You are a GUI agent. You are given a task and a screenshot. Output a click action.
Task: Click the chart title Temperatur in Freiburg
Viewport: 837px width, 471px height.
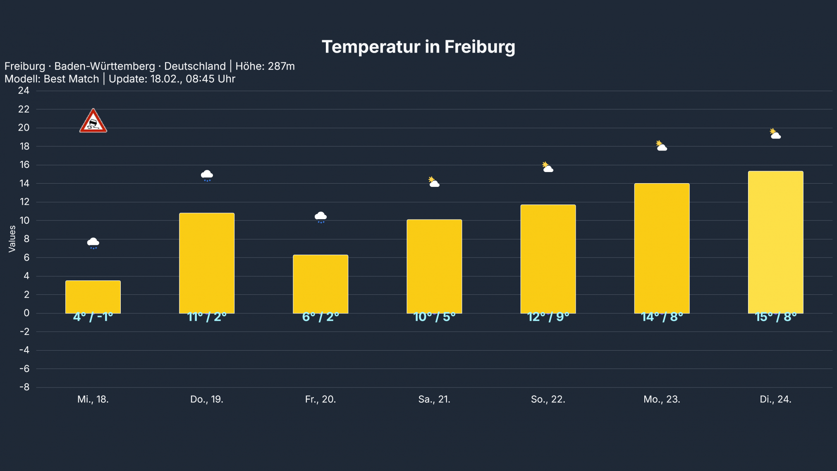coord(418,47)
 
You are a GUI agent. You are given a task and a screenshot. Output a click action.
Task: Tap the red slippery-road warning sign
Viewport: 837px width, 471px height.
coord(93,121)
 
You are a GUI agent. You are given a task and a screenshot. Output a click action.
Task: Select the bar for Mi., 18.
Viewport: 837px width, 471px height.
coord(93,297)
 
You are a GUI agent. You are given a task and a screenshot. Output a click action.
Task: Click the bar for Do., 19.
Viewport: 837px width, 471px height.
coord(207,263)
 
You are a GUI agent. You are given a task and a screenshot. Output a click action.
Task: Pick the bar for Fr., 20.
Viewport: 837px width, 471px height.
coord(320,284)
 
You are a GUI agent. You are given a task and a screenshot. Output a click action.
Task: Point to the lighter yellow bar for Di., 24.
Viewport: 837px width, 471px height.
coord(775,242)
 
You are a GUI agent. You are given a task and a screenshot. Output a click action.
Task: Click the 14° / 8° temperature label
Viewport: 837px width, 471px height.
coord(662,317)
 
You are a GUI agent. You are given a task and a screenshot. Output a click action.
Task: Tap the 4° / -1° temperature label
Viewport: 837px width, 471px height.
coord(93,317)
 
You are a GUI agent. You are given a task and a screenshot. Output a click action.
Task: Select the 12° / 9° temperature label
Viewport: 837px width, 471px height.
coord(548,317)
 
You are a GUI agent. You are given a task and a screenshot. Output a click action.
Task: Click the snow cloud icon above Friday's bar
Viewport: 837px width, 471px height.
coord(320,217)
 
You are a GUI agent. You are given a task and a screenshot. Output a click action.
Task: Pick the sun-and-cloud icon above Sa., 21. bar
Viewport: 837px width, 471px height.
coord(434,182)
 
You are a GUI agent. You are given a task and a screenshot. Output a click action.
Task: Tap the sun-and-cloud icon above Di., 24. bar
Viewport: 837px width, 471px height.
coord(775,134)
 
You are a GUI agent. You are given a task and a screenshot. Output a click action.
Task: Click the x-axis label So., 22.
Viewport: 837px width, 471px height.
coord(548,399)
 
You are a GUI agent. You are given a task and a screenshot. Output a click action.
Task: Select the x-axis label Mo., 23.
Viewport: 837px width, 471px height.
coord(662,399)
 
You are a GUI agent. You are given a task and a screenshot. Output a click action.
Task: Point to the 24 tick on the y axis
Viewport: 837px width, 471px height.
coord(24,91)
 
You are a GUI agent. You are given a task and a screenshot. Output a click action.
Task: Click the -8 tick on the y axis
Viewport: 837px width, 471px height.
coord(24,387)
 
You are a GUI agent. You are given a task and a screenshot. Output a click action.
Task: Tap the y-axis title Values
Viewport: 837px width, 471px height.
coord(12,239)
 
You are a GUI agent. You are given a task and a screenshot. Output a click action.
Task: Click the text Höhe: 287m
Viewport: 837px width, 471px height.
coord(265,66)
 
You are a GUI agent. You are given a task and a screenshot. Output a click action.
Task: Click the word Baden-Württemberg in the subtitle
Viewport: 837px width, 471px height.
coord(105,66)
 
